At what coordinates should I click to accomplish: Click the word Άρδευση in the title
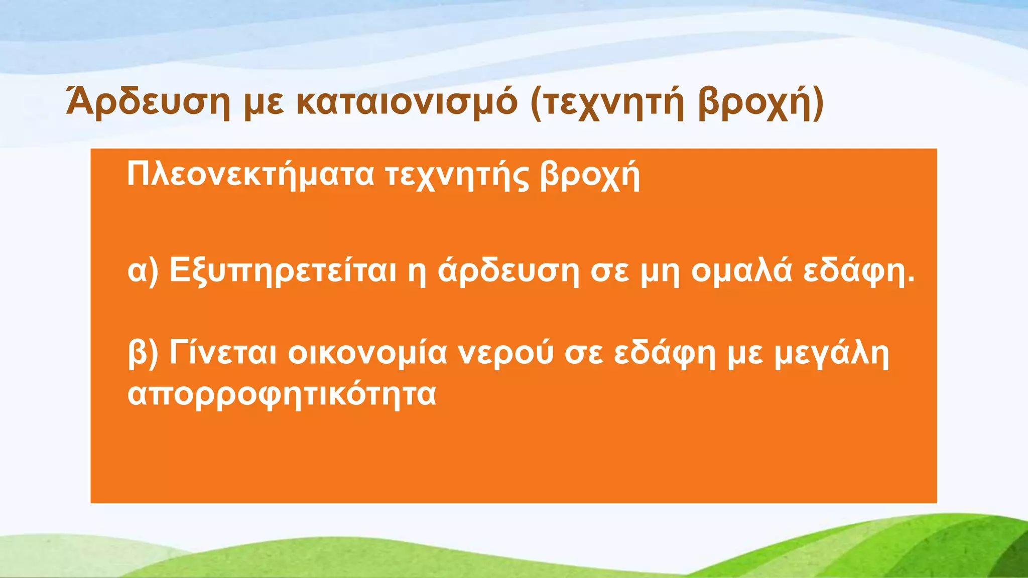[x=148, y=102]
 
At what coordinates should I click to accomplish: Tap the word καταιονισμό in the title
[x=407, y=102]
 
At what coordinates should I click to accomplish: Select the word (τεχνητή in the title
[x=607, y=103]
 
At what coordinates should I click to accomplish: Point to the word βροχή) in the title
[x=760, y=103]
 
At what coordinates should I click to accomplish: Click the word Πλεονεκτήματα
[x=250, y=175]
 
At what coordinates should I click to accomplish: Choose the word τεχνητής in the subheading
[x=457, y=176]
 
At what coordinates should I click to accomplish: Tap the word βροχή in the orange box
[x=590, y=176]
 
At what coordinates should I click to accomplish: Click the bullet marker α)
[x=143, y=271]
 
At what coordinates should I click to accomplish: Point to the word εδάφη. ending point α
[x=859, y=271]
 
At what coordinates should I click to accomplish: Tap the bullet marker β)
[x=143, y=354]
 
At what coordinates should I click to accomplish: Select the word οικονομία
[x=367, y=353]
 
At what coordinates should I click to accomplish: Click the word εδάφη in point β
[x=665, y=354]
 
